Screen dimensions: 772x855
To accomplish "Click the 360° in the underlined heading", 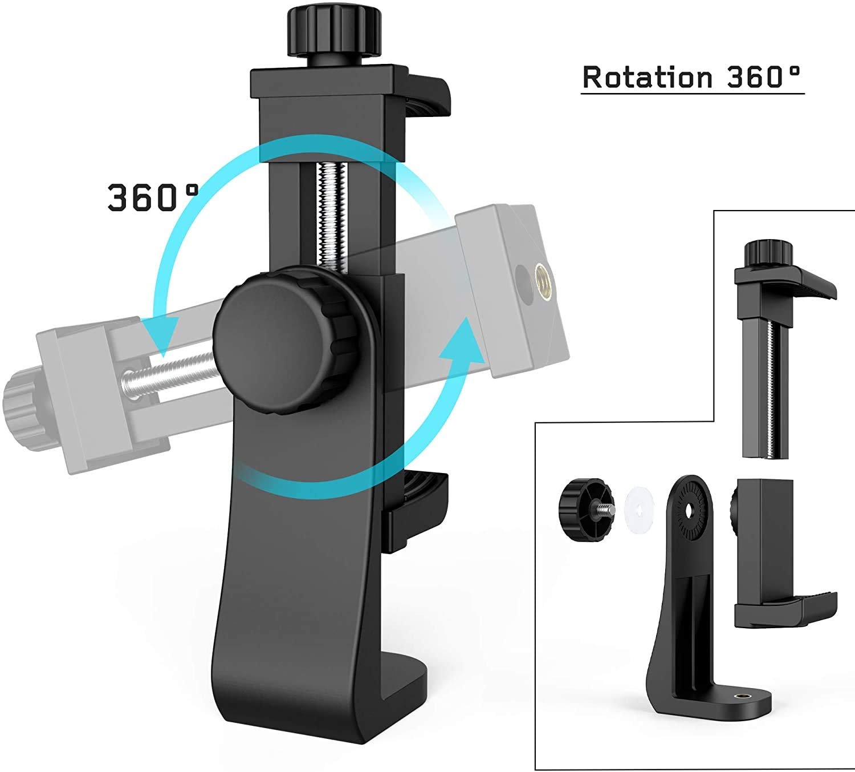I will click(x=764, y=78).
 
